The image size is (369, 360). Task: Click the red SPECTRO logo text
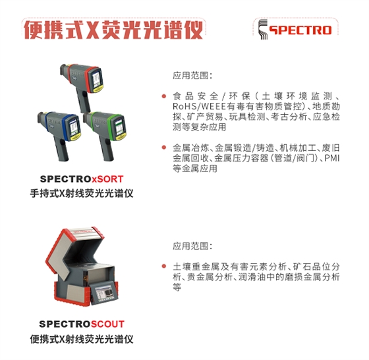pyautogui.click(x=300, y=30)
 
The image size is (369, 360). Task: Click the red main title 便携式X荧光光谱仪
pyautogui.click(x=113, y=30)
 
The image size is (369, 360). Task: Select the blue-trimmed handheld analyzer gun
pyautogui.click(x=60, y=135)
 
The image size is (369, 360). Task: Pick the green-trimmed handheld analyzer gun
pyautogui.click(x=105, y=135)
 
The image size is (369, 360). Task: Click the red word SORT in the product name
pyautogui.click(x=107, y=179)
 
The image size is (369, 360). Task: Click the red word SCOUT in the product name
pyautogui.click(x=107, y=324)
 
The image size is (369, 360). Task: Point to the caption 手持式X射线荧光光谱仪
pyautogui.click(x=82, y=194)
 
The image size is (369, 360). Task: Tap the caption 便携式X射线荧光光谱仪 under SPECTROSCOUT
pyautogui.click(x=82, y=340)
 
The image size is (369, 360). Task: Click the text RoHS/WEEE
pyautogui.click(x=199, y=106)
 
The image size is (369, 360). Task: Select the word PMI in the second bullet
pyautogui.click(x=332, y=158)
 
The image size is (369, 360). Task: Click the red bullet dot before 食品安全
pyautogui.click(x=164, y=96)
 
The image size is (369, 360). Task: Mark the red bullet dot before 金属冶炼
pyautogui.click(x=164, y=148)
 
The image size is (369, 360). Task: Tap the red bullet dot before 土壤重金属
pyautogui.click(x=164, y=266)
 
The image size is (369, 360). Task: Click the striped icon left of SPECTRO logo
pyautogui.click(x=263, y=29)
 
